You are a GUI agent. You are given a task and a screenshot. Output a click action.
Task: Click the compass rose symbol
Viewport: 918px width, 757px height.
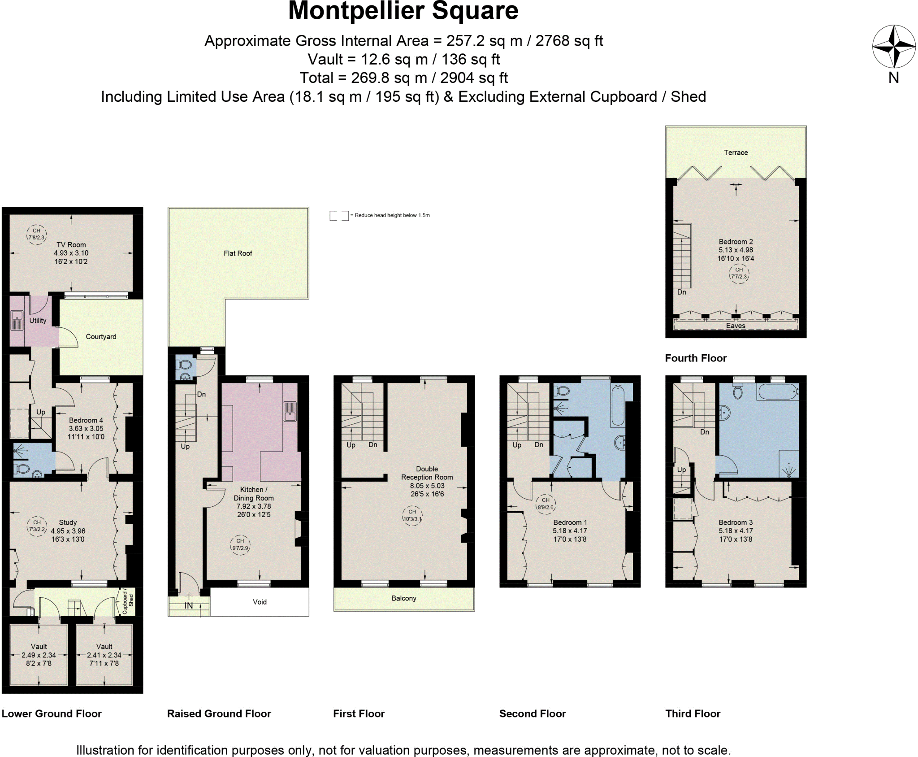893,47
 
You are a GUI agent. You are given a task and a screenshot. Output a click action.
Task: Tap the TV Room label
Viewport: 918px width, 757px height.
71,245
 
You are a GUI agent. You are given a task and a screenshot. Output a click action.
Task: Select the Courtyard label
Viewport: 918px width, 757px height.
101,337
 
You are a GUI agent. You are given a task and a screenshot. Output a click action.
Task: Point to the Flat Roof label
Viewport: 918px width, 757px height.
238,253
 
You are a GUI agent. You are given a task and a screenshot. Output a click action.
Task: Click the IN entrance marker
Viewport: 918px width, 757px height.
189,605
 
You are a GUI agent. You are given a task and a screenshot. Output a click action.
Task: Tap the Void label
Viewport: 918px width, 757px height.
260,602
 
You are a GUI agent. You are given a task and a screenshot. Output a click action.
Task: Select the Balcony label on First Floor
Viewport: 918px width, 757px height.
403,598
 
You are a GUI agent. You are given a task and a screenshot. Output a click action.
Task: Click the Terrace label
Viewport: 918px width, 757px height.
736,152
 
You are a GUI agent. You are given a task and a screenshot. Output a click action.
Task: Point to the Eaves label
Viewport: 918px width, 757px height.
736,326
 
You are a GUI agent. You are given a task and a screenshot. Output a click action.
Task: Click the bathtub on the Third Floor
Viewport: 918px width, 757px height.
778,392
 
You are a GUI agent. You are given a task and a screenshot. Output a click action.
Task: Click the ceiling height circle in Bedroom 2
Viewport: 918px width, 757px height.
739,273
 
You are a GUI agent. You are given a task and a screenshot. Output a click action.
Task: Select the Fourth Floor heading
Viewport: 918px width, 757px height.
695,358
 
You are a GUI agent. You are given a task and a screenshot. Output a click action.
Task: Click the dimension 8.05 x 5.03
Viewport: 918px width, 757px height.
427,486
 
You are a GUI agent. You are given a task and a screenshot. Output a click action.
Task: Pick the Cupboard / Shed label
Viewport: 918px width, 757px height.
128,601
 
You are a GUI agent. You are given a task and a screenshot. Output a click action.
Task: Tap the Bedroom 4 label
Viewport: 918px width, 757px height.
86,420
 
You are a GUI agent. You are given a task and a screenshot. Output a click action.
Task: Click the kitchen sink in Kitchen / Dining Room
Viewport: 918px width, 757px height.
290,411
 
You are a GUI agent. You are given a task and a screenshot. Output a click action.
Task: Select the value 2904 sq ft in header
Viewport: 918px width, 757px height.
474,78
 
